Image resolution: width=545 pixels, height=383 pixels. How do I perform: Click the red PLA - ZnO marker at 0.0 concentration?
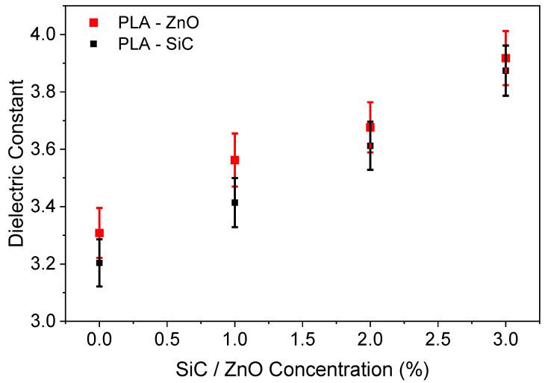coord(99,233)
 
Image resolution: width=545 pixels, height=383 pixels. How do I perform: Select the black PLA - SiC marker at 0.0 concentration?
coord(99,263)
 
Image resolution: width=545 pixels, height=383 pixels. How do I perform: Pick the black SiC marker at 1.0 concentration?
coord(234,202)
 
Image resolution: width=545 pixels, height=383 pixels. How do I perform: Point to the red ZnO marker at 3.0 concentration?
coord(505,58)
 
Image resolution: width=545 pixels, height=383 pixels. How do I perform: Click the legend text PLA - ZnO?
coord(158,22)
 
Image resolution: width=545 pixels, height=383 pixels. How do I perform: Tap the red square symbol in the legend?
coord(93,22)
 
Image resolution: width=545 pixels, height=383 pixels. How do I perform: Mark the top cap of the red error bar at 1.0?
coord(234,134)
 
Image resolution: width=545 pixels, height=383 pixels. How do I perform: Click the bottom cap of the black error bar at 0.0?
coord(99,287)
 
